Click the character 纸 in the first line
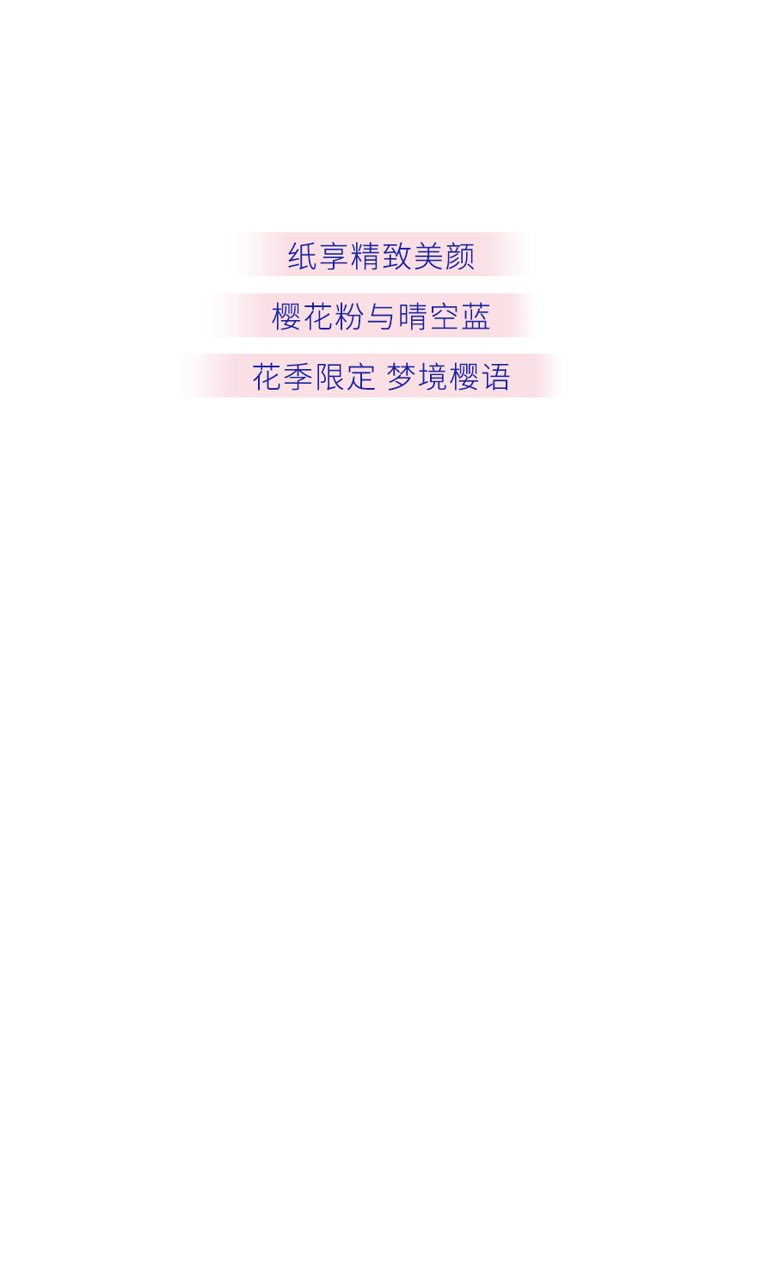(x=302, y=256)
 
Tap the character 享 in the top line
(x=334, y=256)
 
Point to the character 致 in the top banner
(x=396, y=256)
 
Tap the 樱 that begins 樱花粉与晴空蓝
(x=286, y=316)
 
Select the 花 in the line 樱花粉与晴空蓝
(x=317, y=316)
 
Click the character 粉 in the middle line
(x=349, y=316)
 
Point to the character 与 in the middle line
(x=380, y=317)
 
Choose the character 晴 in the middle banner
(x=412, y=316)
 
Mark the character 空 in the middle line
(x=444, y=316)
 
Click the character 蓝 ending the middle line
(x=476, y=316)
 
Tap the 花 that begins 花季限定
(x=267, y=377)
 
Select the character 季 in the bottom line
(x=298, y=377)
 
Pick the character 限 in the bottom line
(x=329, y=377)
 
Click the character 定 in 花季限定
(x=361, y=377)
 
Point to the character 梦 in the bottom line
(x=401, y=377)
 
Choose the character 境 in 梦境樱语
(x=433, y=377)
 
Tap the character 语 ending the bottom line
(x=496, y=377)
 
